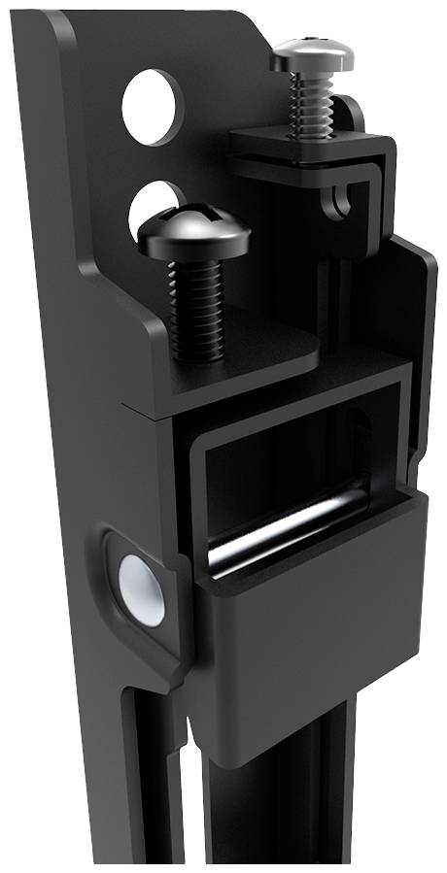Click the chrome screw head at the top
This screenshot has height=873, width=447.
(x=311, y=56)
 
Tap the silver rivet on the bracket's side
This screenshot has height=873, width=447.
(x=141, y=590)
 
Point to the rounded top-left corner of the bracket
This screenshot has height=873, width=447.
(x=58, y=29)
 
